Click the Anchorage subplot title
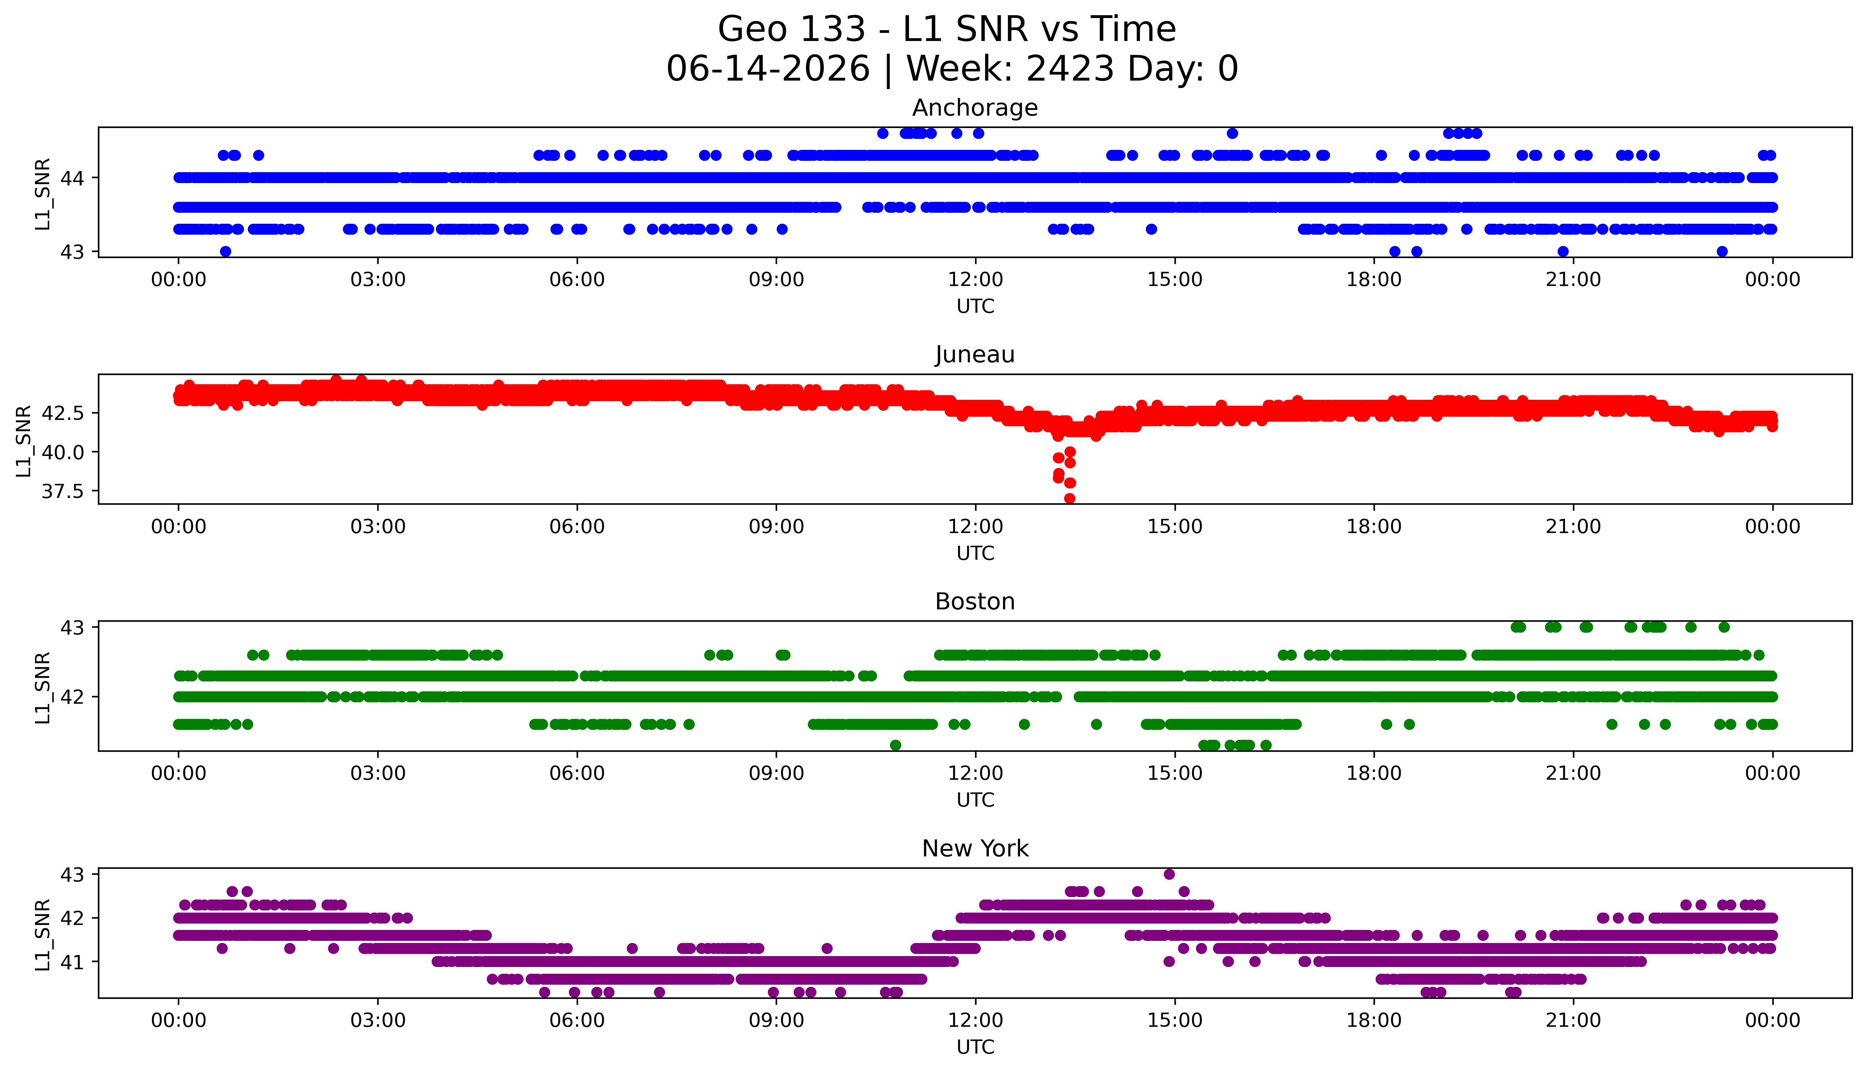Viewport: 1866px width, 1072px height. click(975, 108)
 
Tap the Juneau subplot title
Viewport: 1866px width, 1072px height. click(975, 355)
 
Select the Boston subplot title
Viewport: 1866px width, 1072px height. click(975, 602)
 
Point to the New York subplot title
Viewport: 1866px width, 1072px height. click(975, 849)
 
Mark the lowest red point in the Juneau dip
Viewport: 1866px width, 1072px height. click(1070, 498)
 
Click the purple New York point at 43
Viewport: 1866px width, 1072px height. click(1169, 874)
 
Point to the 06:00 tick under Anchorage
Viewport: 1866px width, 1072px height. click(577, 280)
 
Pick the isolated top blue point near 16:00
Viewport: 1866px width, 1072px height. click(1232, 133)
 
